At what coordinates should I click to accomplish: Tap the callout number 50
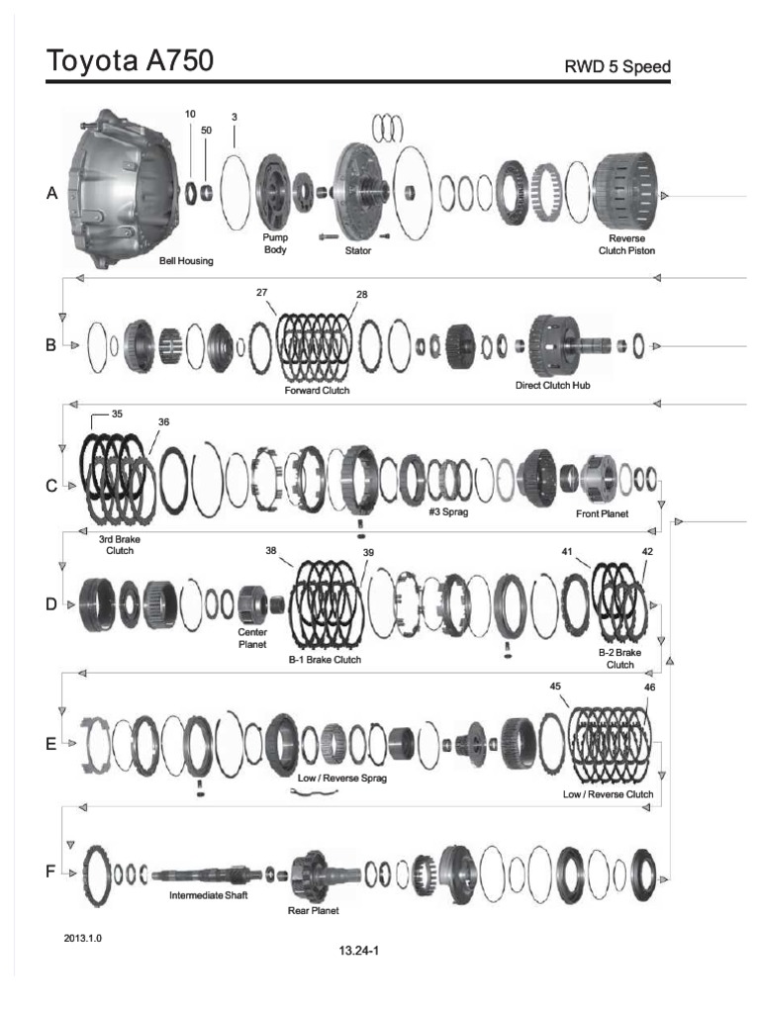coord(205,131)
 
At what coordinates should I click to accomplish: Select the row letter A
coord(51,195)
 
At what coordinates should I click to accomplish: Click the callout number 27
coord(262,293)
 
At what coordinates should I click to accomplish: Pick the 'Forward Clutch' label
coord(317,391)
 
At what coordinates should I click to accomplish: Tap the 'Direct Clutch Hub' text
coord(552,385)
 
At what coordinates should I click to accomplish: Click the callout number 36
coord(163,421)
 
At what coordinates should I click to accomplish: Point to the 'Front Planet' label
coord(602,514)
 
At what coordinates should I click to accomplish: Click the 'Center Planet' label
coord(251,636)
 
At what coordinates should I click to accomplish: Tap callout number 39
coord(368,552)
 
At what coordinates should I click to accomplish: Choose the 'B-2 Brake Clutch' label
coord(619,659)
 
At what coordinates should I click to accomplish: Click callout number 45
coord(554,686)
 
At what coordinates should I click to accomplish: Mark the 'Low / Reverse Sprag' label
coord(342,779)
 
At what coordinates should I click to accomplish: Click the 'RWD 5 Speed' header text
coord(618,67)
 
